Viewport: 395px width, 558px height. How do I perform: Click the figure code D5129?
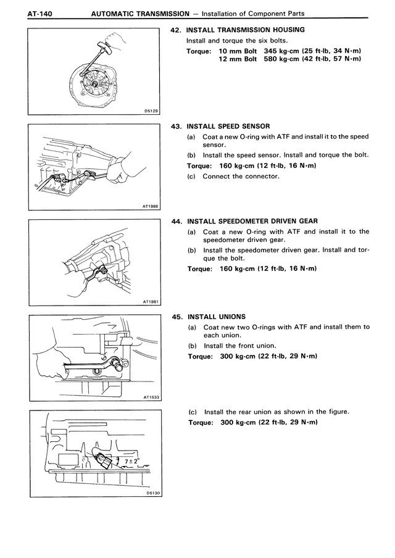tap(151, 111)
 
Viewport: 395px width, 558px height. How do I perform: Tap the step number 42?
tap(175, 30)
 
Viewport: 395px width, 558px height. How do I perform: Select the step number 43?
tap(175, 126)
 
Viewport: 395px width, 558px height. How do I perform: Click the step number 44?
tap(175, 221)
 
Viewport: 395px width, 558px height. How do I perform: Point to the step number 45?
tap(175, 317)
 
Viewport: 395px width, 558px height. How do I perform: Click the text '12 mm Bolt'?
tap(238, 59)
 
